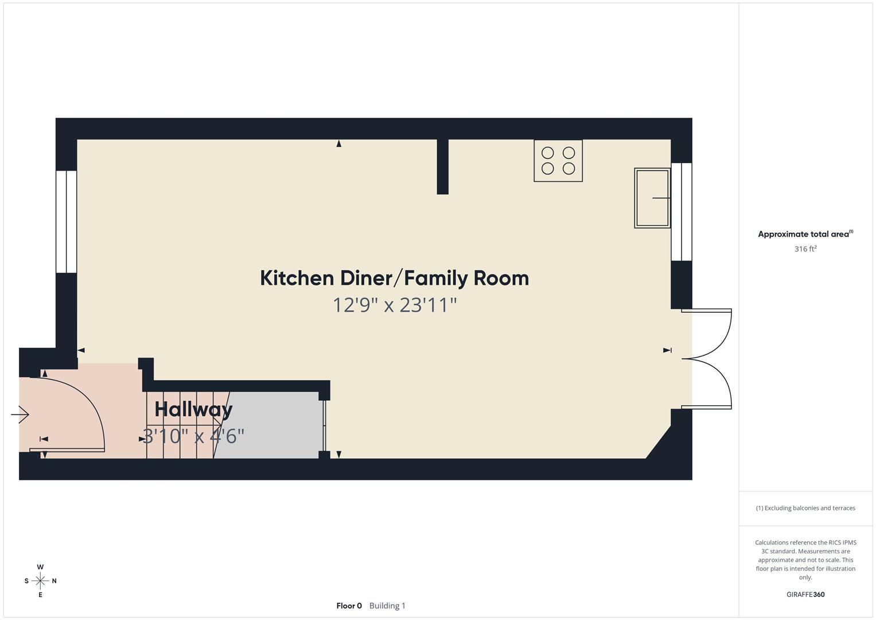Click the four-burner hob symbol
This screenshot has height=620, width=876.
click(558, 161)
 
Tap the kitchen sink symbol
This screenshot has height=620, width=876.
click(652, 198)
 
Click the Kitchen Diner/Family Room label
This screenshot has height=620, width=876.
click(394, 278)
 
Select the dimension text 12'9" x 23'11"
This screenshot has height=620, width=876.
click(394, 305)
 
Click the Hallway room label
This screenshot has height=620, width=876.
click(193, 409)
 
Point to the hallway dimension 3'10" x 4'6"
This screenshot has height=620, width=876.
click(193, 436)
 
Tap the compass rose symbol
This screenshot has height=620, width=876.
click(40, 581)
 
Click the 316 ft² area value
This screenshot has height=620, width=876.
click(805, 249)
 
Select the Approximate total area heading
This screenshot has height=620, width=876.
click(805, 234)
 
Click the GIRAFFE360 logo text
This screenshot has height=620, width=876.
click(805, 595)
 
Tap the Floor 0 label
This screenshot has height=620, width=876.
click(349, 606)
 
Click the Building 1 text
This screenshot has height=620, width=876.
click(387, 606)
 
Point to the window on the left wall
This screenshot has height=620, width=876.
click(67, 222)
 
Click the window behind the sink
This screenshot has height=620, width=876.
click(682, 212)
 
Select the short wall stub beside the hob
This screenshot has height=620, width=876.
click(442, 166)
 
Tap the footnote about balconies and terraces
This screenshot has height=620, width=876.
click(805, 508)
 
